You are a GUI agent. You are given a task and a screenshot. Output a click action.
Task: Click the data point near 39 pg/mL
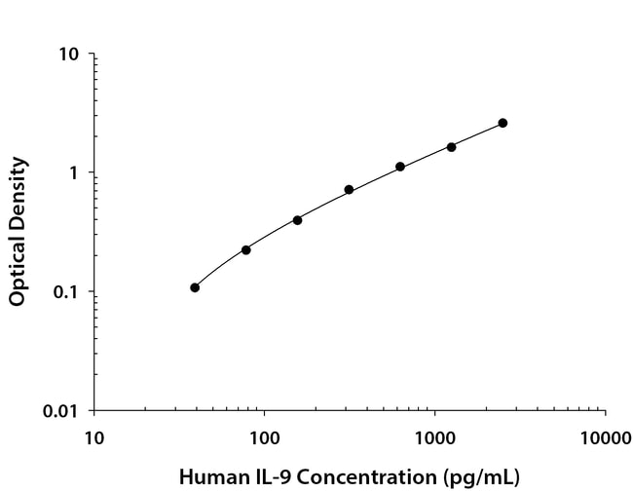pos(195,287)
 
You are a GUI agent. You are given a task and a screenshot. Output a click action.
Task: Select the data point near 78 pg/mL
pos(246,250)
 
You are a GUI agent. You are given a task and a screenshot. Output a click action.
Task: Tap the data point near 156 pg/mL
pos(297,220)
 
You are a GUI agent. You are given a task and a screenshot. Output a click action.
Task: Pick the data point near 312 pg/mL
pos(349,190)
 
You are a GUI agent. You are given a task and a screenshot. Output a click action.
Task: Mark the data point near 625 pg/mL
pos(400,167)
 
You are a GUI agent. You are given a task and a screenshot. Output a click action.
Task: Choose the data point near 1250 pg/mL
pos(451,147)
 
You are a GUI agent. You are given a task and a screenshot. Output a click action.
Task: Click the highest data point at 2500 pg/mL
pos(503,123)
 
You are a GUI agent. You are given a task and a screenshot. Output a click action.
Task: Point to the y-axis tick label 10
pos(69,54)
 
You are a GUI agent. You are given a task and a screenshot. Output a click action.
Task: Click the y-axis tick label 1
pos(74,173)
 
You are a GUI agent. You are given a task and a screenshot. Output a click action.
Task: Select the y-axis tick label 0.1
pos(65,292)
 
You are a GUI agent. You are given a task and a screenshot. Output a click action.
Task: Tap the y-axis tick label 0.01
pos(60,411)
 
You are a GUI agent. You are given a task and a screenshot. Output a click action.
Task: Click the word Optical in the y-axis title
pos(18,265)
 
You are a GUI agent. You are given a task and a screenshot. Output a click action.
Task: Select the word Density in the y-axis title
pos(18,190)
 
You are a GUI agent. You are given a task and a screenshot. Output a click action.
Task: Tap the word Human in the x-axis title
pos(207,477)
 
